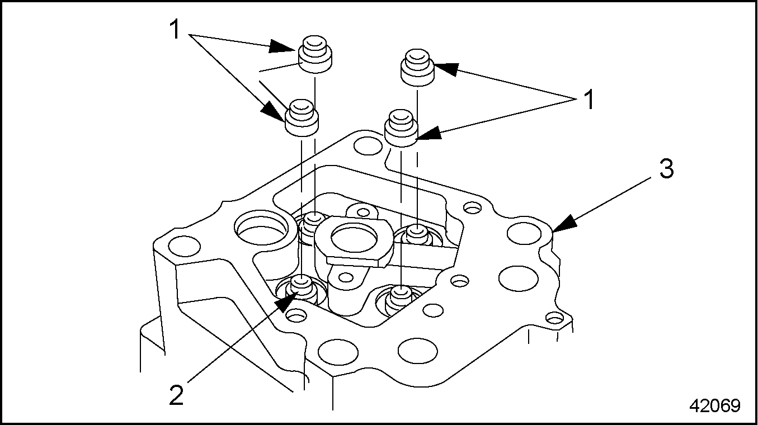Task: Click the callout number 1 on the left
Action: tap(175, 29)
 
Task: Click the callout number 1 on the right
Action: tap(588, 102)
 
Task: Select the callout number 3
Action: tap(666, 169)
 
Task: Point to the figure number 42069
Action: tap(714, 405)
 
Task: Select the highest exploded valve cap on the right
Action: tap(417, 65)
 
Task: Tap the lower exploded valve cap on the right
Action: tap(402, 128)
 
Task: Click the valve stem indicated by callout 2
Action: tap(302, 287)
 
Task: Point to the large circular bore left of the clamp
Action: tap(262, 227)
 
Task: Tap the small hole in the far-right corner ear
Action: tap(554, 319)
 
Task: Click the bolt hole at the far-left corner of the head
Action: tap(184, 245)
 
